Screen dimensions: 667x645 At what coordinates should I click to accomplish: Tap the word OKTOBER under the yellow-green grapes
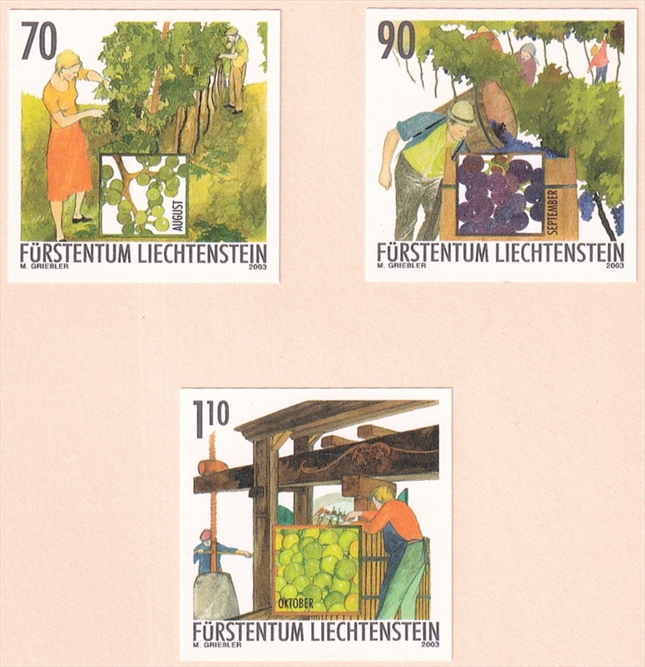(x=295, y=604)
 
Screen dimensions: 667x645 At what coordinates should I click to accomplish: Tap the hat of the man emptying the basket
(x=461, y=113)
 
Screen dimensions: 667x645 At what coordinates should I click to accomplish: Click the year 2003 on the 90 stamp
(x=614, y=266)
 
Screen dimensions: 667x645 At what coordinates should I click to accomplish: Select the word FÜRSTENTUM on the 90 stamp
(x=432, y=252)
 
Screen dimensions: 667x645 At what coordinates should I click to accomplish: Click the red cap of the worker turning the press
(x=205, y=535)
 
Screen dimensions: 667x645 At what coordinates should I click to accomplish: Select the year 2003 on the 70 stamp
(x=257, y=266)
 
